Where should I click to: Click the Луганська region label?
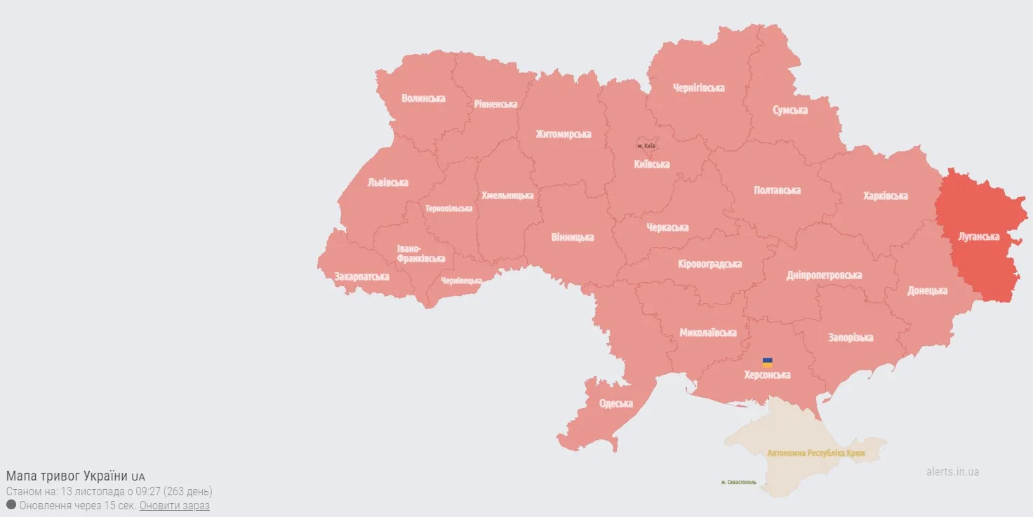point(978,236)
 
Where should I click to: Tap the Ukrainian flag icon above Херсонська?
point(768,363)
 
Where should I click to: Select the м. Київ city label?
point(646,146)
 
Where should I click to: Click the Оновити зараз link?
point(174,505)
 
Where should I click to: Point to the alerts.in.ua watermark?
point(952,471)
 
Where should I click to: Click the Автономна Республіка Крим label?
point(815,453)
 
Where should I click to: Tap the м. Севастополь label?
point(739,482)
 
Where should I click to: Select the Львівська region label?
point(387,182)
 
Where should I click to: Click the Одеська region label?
point(615,403)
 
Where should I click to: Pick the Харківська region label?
point(885,196)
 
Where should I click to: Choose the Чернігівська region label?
point(698,88)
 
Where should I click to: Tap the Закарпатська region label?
point(361,276)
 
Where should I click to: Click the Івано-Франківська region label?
point(420,254)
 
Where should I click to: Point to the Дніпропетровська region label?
point(824,275)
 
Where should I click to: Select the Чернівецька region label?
point(461,281)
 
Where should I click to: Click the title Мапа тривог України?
point(67,476)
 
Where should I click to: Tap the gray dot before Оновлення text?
point(11,504)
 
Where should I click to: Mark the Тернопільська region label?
point(448,208)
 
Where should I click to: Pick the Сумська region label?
point(789,110)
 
